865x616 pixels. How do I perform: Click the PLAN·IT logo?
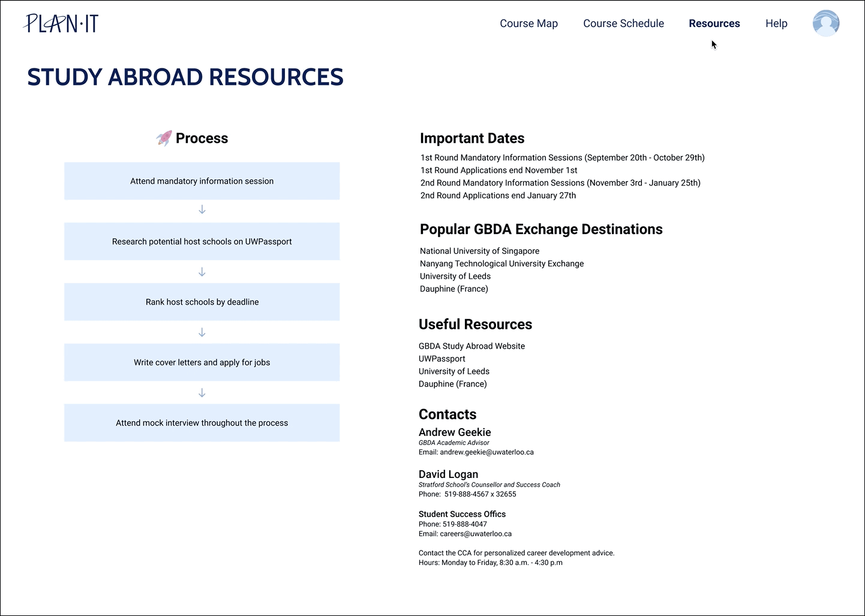pos(61,23)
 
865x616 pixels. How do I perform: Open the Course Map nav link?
pos(528,23)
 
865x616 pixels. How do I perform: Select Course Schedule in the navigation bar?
pos(623,23)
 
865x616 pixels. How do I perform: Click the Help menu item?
pos(776,23)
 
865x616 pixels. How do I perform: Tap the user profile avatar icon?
pos(825,23)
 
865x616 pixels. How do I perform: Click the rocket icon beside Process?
pos(164,138)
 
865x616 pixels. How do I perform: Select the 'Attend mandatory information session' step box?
pos(202,181)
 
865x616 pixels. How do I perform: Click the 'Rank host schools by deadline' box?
pos(202,302)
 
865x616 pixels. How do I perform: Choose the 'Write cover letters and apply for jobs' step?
pos(202,362)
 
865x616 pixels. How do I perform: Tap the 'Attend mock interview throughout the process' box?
pos(202,423)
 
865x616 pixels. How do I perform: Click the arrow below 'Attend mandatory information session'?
pos(202,210)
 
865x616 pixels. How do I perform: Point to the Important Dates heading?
pos(472,138)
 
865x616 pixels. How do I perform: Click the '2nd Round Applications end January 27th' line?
pos(498,195)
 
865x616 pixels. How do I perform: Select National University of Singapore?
pos(479,251)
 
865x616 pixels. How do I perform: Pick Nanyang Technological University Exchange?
pos(501,264)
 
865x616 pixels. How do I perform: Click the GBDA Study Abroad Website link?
pos(471,346)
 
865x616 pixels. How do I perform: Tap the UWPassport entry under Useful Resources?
pos(441,358)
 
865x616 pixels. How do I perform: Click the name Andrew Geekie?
pos(455,432)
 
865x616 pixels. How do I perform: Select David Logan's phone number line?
pos(467,494)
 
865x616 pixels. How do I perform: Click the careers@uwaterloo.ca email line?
pos(465,534)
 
